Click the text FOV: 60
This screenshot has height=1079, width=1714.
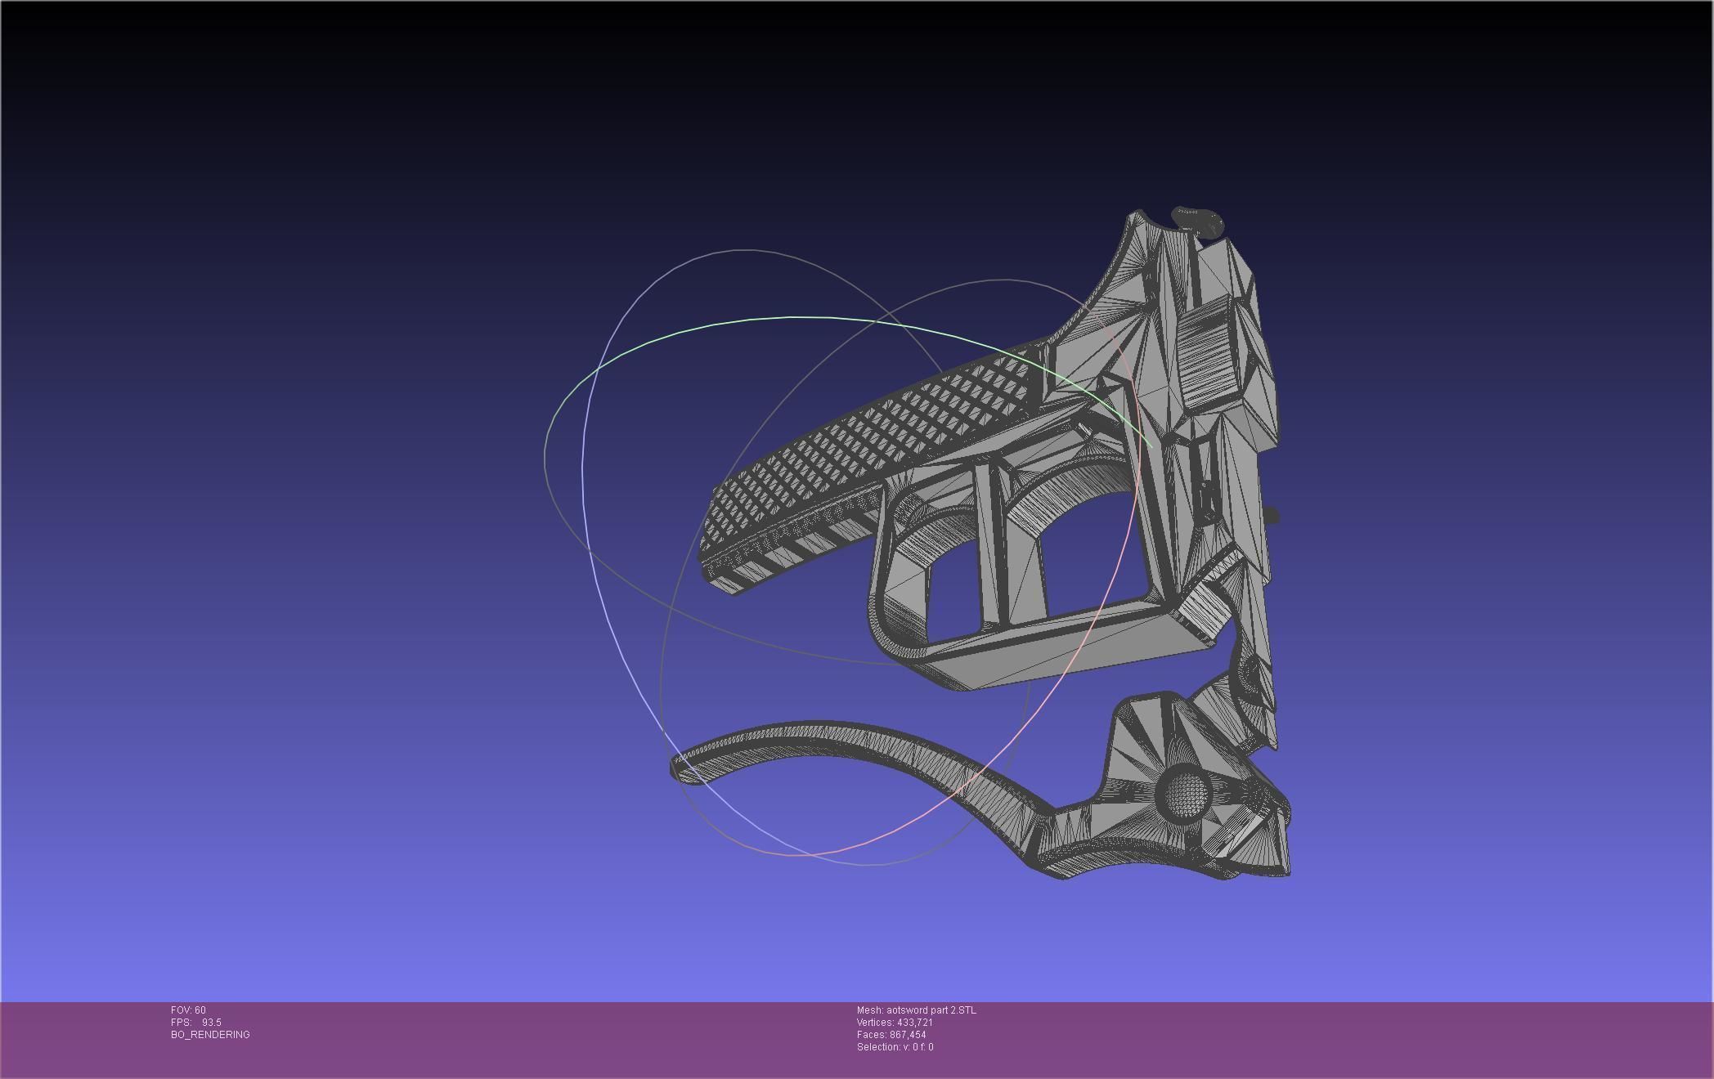point(188,1010)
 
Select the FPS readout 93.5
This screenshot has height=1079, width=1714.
point(211,1023)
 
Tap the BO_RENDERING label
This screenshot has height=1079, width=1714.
point(210,1035)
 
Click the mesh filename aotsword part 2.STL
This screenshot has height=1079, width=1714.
point(931,1010)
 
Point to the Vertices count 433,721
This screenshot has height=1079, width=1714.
point(914,1023)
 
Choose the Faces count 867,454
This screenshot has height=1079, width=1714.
point(908,1035)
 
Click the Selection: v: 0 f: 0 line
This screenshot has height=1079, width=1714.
point(895,1047)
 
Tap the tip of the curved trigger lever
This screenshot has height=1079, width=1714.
point(678,768)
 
